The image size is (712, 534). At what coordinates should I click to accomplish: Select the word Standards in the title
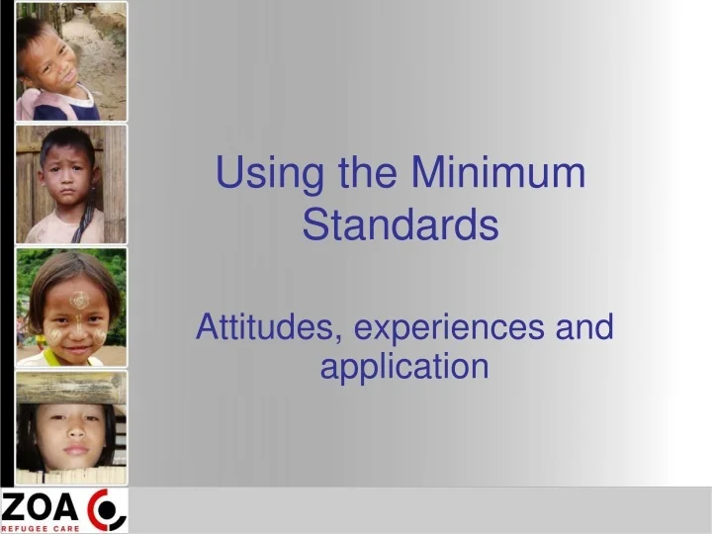click(400, 225)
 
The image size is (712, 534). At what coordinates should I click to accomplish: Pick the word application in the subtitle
click(404, 368)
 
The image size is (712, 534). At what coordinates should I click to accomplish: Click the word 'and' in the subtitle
click(584, 326)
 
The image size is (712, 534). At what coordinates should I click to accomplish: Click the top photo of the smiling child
click(71, 61)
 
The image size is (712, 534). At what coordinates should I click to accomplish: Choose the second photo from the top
click(71, 184)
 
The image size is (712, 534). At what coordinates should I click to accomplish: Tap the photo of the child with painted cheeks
click(71, 308)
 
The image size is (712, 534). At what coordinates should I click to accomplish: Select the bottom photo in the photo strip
click(71, 427)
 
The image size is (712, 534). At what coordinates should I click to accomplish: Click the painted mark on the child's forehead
click(79, 300)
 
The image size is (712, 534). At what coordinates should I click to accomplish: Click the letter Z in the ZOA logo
click(15, 508)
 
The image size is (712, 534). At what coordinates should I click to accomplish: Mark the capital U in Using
click(228, 174)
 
